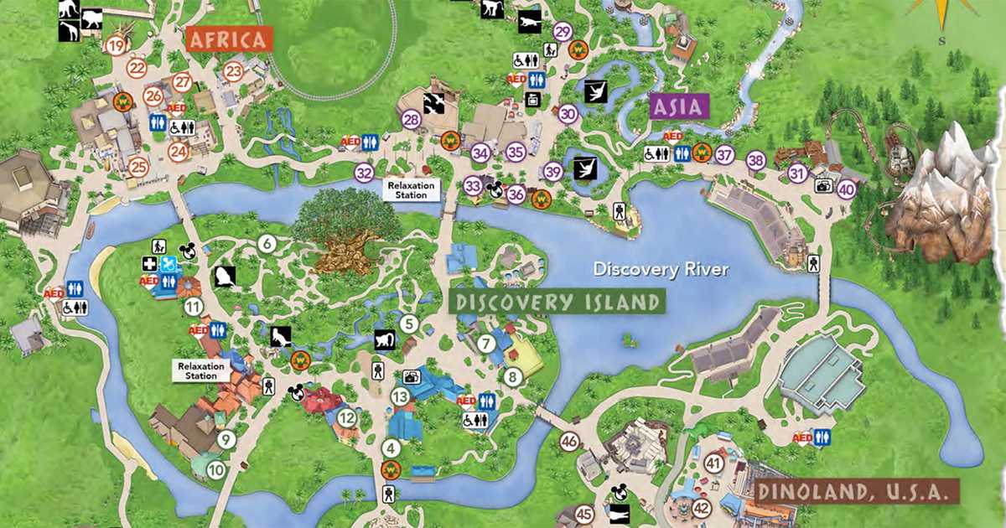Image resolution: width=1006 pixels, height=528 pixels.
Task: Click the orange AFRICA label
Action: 230,39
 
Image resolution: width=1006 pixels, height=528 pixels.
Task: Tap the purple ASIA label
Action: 679,106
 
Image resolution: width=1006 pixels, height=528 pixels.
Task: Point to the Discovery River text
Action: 661,269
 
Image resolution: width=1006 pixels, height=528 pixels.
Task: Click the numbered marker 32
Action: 364,173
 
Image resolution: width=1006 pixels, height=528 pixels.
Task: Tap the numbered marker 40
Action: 846,189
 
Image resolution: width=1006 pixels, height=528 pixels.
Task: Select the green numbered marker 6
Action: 267,244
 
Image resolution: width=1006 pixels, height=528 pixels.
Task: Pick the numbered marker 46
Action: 570,441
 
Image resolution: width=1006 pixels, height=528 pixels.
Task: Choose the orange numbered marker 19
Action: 116,45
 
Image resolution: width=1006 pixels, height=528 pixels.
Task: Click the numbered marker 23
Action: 233,71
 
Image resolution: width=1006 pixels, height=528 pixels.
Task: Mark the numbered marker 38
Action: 756,160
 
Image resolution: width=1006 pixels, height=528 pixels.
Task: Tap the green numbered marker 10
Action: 216,471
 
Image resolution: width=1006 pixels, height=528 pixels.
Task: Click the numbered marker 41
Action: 714,463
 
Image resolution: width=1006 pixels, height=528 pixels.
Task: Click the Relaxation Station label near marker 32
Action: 412,189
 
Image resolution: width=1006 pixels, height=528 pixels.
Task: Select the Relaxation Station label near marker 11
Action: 201,370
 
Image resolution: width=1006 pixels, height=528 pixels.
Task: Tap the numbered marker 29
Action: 563,32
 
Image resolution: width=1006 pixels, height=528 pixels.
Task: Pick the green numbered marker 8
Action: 513,377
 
